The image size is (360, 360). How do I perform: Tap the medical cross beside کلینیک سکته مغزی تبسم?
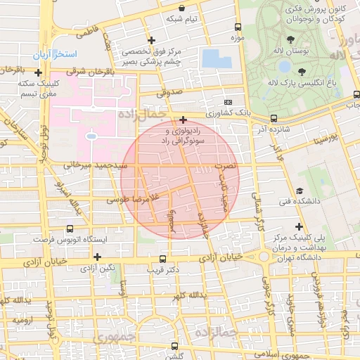coord(38,72)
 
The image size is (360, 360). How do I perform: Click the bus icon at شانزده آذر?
coord(274,118)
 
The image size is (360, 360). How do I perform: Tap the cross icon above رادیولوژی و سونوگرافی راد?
coord(183,120)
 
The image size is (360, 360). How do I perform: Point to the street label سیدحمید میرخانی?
coord(96,165)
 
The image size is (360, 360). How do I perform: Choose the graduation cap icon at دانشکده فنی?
coord(300,191)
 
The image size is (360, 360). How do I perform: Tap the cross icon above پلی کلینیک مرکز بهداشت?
coord(300,226)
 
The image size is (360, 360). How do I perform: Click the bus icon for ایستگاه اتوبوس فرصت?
coord(69,229)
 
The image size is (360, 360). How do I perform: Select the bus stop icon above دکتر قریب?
coord(162,259)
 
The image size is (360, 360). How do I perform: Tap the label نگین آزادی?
coord(96,269)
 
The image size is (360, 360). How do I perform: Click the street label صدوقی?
coord(169,91)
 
